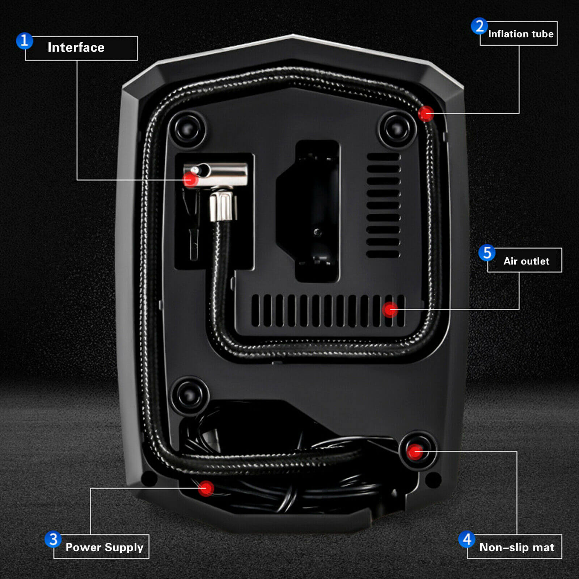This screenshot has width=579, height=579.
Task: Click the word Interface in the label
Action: (76, 47)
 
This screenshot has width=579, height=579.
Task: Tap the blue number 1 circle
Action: (24, 41)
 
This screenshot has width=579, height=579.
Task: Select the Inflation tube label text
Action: (520, 34)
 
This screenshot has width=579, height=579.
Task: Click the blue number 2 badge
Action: (479, 26)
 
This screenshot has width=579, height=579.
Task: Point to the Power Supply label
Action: (104, 547)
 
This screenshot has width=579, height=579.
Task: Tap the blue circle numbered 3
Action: (53, 539)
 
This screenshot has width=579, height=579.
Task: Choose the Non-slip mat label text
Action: (516, 547)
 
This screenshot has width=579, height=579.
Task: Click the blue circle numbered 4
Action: (467, 539)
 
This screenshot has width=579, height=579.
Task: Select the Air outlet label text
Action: (526, 261)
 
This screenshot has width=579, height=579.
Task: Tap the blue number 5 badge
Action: (487, 253)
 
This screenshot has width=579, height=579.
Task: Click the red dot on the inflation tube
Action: (426, 114)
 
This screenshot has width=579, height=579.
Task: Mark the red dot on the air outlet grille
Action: (390, 309)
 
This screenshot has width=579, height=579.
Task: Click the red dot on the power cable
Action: (206, 489)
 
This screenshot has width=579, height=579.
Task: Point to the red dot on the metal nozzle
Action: (190, 179)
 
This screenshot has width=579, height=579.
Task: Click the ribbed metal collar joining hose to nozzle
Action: (223, 206)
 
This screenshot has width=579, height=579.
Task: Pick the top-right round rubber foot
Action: (397, 129)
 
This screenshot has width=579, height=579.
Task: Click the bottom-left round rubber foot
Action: (190, 396)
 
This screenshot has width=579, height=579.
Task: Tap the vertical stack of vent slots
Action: (383, 205)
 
